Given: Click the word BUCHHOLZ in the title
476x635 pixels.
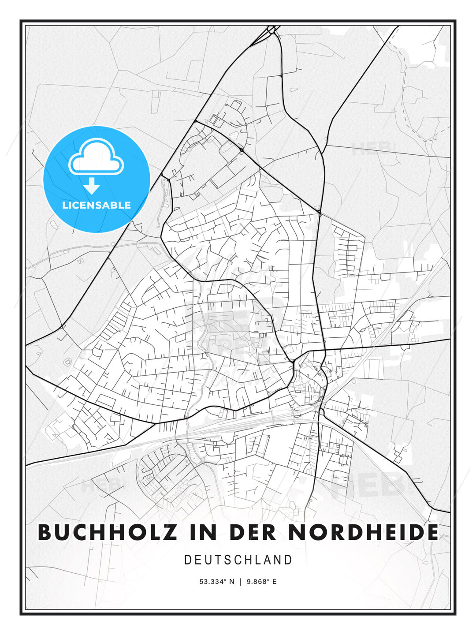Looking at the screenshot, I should (108, 532).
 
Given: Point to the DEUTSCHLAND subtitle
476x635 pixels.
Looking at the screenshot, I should (238, 560).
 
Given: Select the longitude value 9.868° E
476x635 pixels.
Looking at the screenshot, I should (262, 582).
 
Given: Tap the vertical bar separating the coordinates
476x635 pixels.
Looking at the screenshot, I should (241, 582).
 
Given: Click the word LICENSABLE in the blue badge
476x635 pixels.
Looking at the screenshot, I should (97, 205).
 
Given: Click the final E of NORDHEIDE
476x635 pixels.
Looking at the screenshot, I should (433, 532).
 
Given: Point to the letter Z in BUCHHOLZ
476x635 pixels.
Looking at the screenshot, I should (170, 532).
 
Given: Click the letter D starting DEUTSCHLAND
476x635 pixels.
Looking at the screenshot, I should (187, 560).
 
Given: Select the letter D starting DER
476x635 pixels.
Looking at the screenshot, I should (237, 532).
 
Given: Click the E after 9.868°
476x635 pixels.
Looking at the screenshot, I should (274, 582).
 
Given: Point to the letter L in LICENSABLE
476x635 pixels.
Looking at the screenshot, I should (65, 205).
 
